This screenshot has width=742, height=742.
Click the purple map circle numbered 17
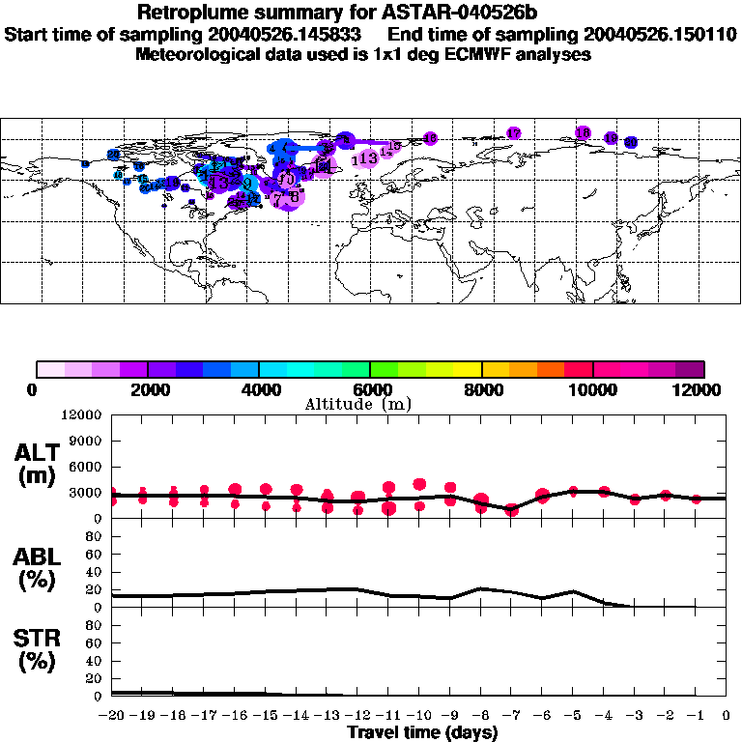coord(514,133)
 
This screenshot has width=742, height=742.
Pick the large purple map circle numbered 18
coord(583,132)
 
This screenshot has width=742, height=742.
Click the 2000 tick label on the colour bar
coord(147,389)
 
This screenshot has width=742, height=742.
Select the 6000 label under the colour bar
coord(370,389)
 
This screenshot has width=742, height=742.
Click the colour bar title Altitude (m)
coord(357,404)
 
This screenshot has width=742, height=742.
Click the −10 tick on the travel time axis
coord(419,716)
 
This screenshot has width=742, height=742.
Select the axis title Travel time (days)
coord(422,732)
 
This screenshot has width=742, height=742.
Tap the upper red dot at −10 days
coord(419,484)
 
